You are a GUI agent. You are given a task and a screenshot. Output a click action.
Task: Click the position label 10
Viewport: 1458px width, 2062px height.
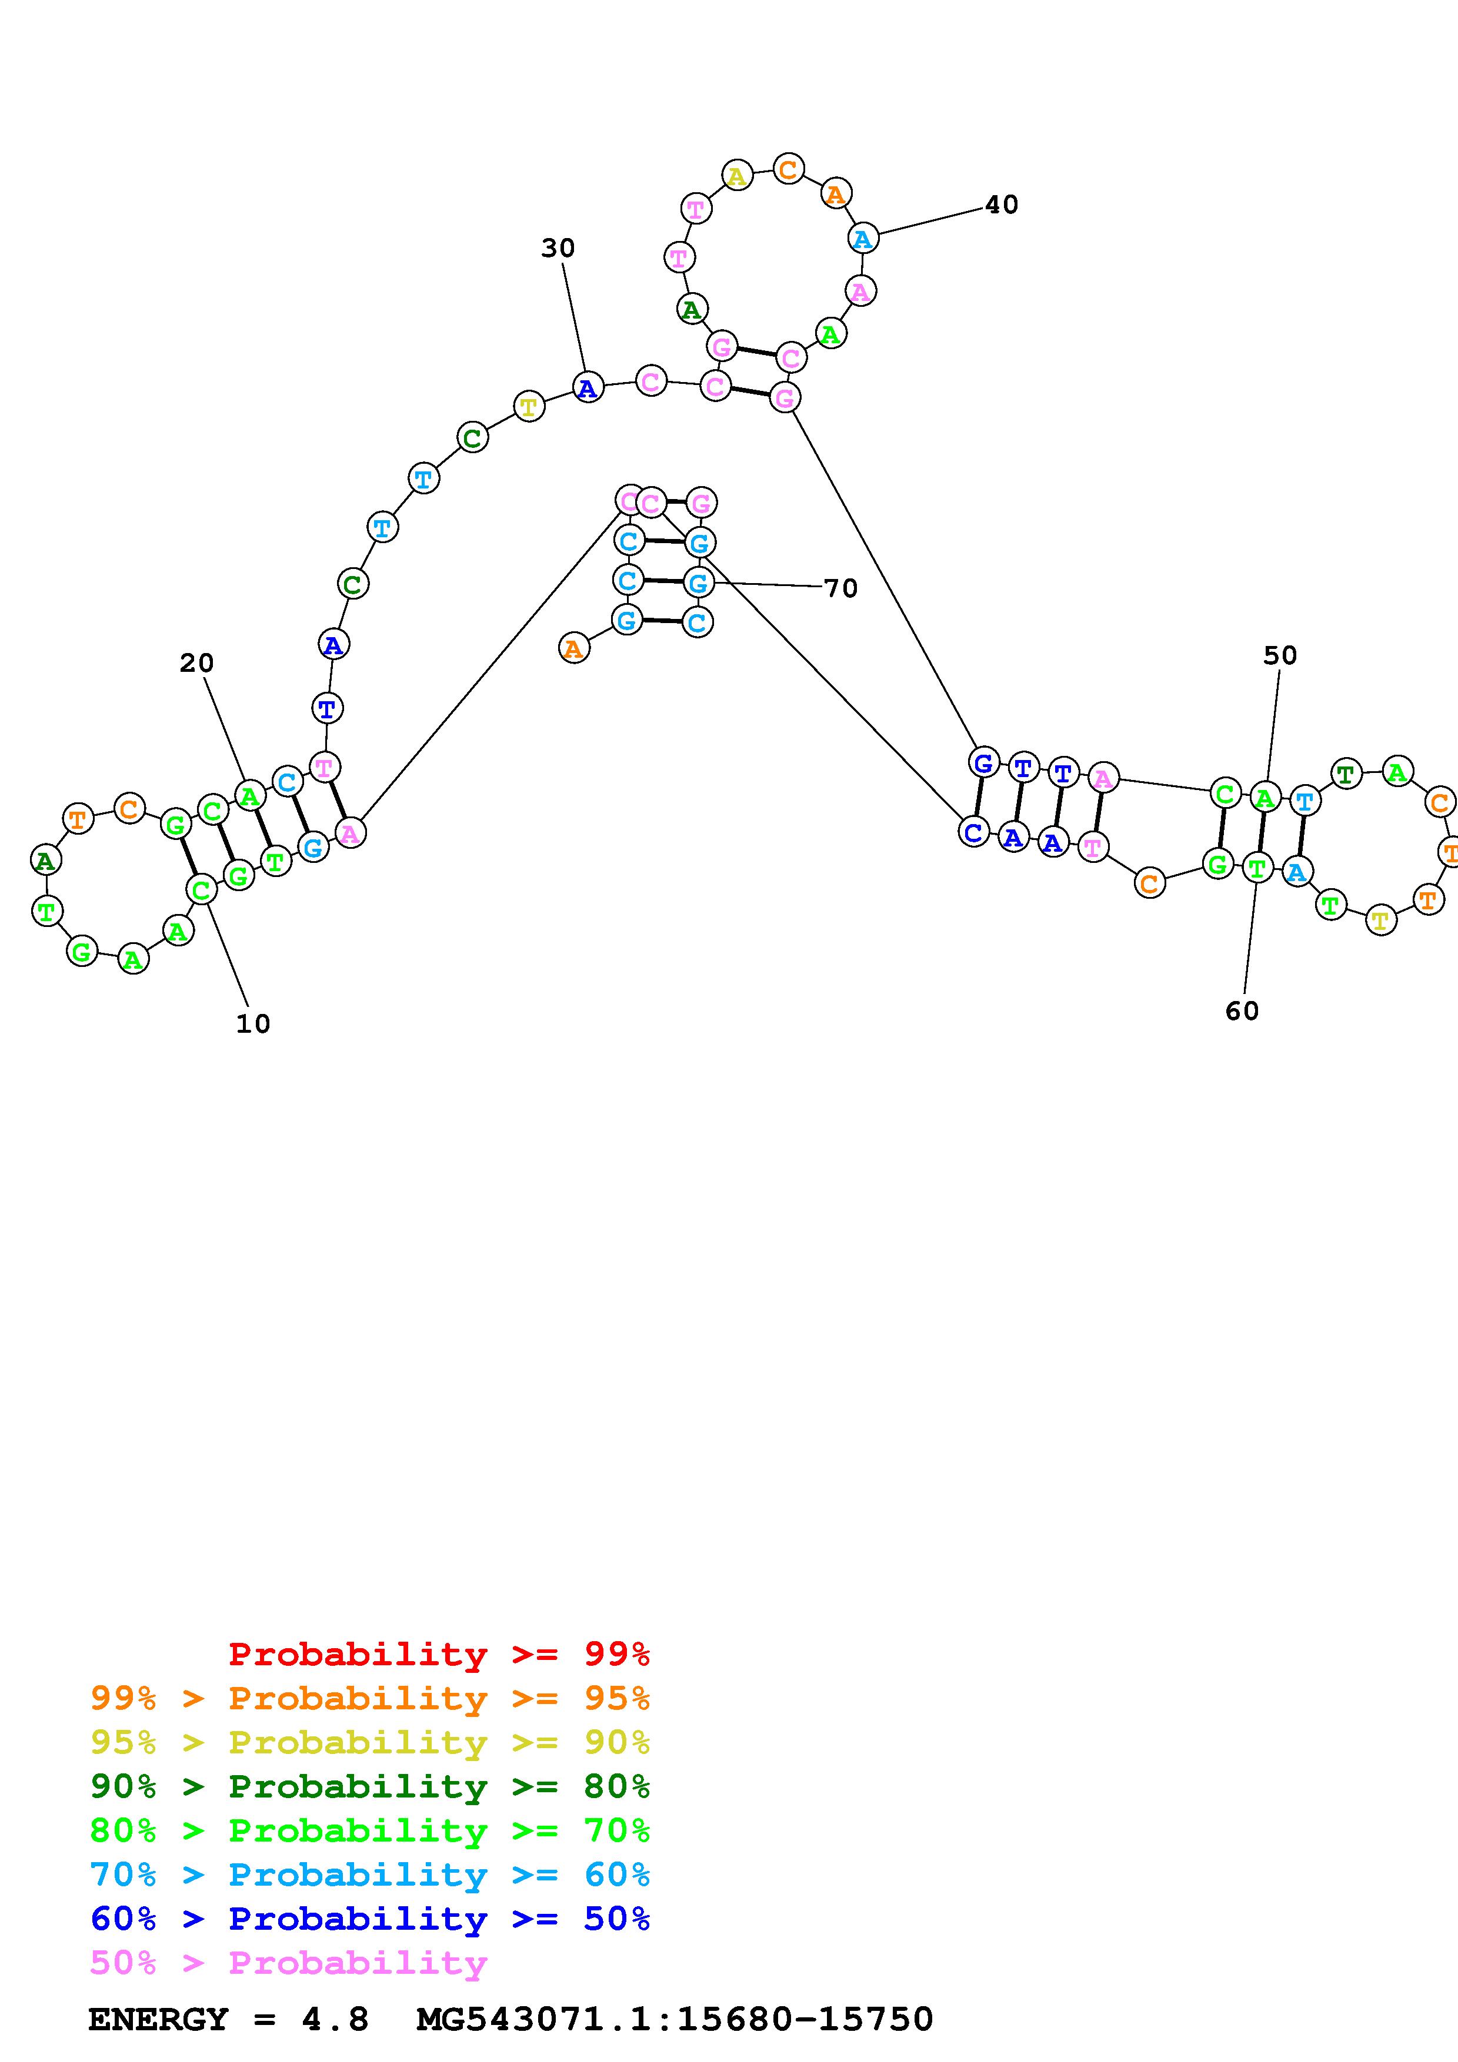(x=252, y=1024)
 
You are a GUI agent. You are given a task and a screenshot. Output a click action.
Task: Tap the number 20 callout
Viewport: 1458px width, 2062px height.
(x=197, y=664)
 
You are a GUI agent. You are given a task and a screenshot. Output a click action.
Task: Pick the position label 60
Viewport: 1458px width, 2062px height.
(x=1242, y=1011)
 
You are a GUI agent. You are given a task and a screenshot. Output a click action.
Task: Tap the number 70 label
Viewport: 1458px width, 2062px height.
(x=841, y=588)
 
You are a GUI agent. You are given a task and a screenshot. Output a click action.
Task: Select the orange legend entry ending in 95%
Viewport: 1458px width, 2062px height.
(x=370, y=1698)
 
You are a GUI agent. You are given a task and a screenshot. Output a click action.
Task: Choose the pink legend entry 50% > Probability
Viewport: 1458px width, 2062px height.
(x=288, y=1962)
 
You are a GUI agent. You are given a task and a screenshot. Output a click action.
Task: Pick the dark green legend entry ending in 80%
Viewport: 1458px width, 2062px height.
(x=370, y=1786)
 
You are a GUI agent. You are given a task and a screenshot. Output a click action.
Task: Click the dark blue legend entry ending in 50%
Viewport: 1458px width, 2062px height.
(x=370, y=1919)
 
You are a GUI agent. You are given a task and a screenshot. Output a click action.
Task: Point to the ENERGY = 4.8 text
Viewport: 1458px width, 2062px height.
(x=228, y=2019)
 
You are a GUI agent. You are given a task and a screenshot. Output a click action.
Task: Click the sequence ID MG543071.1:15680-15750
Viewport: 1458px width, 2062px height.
(x=675, y=2019)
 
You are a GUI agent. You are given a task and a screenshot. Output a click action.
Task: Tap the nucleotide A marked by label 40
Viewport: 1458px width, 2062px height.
(x=862, y=239)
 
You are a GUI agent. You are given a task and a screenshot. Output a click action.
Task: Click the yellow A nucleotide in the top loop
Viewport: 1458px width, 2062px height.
(x=736, y=176)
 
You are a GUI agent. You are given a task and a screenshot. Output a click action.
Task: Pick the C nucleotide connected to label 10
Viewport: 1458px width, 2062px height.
(x=201, y=890)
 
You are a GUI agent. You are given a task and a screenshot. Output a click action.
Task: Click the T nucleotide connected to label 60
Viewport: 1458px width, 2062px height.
(x=1257, y=868)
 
